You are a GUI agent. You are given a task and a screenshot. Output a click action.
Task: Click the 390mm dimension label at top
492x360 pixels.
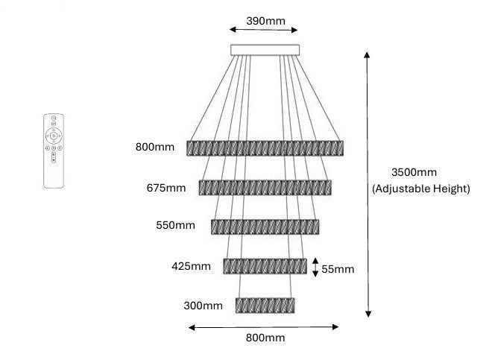[x=265, y=21]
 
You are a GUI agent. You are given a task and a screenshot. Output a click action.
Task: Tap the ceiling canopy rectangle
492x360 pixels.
[x=265, y=50]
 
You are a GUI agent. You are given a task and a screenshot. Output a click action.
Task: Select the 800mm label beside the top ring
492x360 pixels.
[x=155, y=147]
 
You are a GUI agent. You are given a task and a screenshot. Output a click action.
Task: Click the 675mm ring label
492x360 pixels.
[x=166, y=188]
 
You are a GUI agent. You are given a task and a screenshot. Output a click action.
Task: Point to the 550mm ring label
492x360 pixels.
[x=175, y=225]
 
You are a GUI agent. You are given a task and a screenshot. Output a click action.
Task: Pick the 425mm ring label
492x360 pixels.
[x=191, y=266]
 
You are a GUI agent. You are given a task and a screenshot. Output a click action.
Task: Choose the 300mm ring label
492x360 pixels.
[x=203, y=306]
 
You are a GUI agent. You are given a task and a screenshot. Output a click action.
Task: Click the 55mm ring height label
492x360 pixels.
[x=338, y=269]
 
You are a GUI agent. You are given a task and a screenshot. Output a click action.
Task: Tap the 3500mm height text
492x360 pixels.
[x=414, y=172]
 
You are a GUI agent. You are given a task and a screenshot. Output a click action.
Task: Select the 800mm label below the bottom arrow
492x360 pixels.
[x=265, y=338]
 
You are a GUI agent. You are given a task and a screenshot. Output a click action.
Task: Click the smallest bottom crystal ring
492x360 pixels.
[x=265, y=306]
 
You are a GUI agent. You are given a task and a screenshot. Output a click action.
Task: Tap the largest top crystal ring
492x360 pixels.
[x=265, y=148]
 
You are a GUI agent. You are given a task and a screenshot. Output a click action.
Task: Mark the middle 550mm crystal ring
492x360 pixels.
[x=265, y=227]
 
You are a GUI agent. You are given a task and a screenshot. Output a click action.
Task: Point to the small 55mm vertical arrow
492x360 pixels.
[x=315, y=268]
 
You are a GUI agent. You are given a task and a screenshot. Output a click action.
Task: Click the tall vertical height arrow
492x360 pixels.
[x=368, y=184]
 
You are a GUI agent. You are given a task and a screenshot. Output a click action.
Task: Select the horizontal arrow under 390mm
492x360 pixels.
[x=264, y=30]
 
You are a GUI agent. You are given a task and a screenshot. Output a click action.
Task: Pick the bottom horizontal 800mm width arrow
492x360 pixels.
[x=264, y=327]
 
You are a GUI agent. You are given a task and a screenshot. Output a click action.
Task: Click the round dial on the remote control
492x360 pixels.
[x=54, y=136]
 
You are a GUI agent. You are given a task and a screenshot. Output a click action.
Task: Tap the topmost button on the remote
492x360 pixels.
[x=54, y=118]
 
